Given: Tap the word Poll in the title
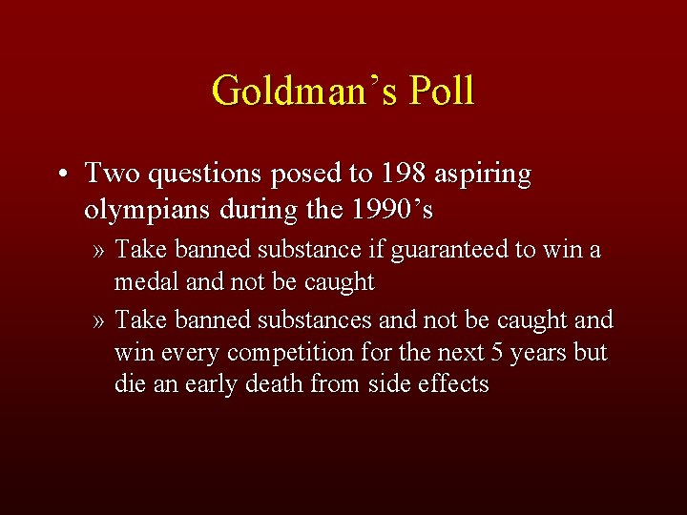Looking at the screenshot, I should click(439, 92).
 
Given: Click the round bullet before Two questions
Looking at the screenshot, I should click(60, 175).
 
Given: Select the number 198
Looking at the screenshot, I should click(400, 174).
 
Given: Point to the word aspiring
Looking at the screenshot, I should click(484, 175).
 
